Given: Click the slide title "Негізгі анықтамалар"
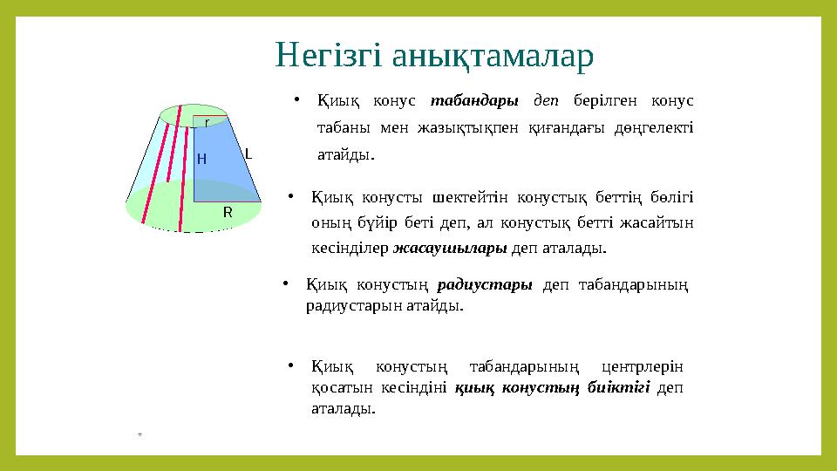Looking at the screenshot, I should pyautogui.click(x=434, y=55).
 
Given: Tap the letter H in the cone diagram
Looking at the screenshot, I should pyautogui.click(x=201, y=159).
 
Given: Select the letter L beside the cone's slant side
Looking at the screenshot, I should pyautogui.click(x=248, y=154).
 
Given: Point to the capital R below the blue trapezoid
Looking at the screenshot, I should pyautogui.click(x=228, y=212).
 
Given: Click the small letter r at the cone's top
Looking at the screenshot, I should pyautogui.click(x=207, y=123).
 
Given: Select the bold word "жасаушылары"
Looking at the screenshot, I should pyautogui.click(x=450, y=249).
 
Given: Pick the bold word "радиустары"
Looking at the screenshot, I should pyautogui.click(x=485, y=285).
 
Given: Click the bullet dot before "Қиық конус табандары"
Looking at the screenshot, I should pyautogui.click(x=297, y=99).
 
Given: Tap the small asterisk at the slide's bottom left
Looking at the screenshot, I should pyautogui.click(x=139, y=433).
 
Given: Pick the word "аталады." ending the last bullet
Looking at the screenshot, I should pyautogui.click(x=344, y=408).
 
